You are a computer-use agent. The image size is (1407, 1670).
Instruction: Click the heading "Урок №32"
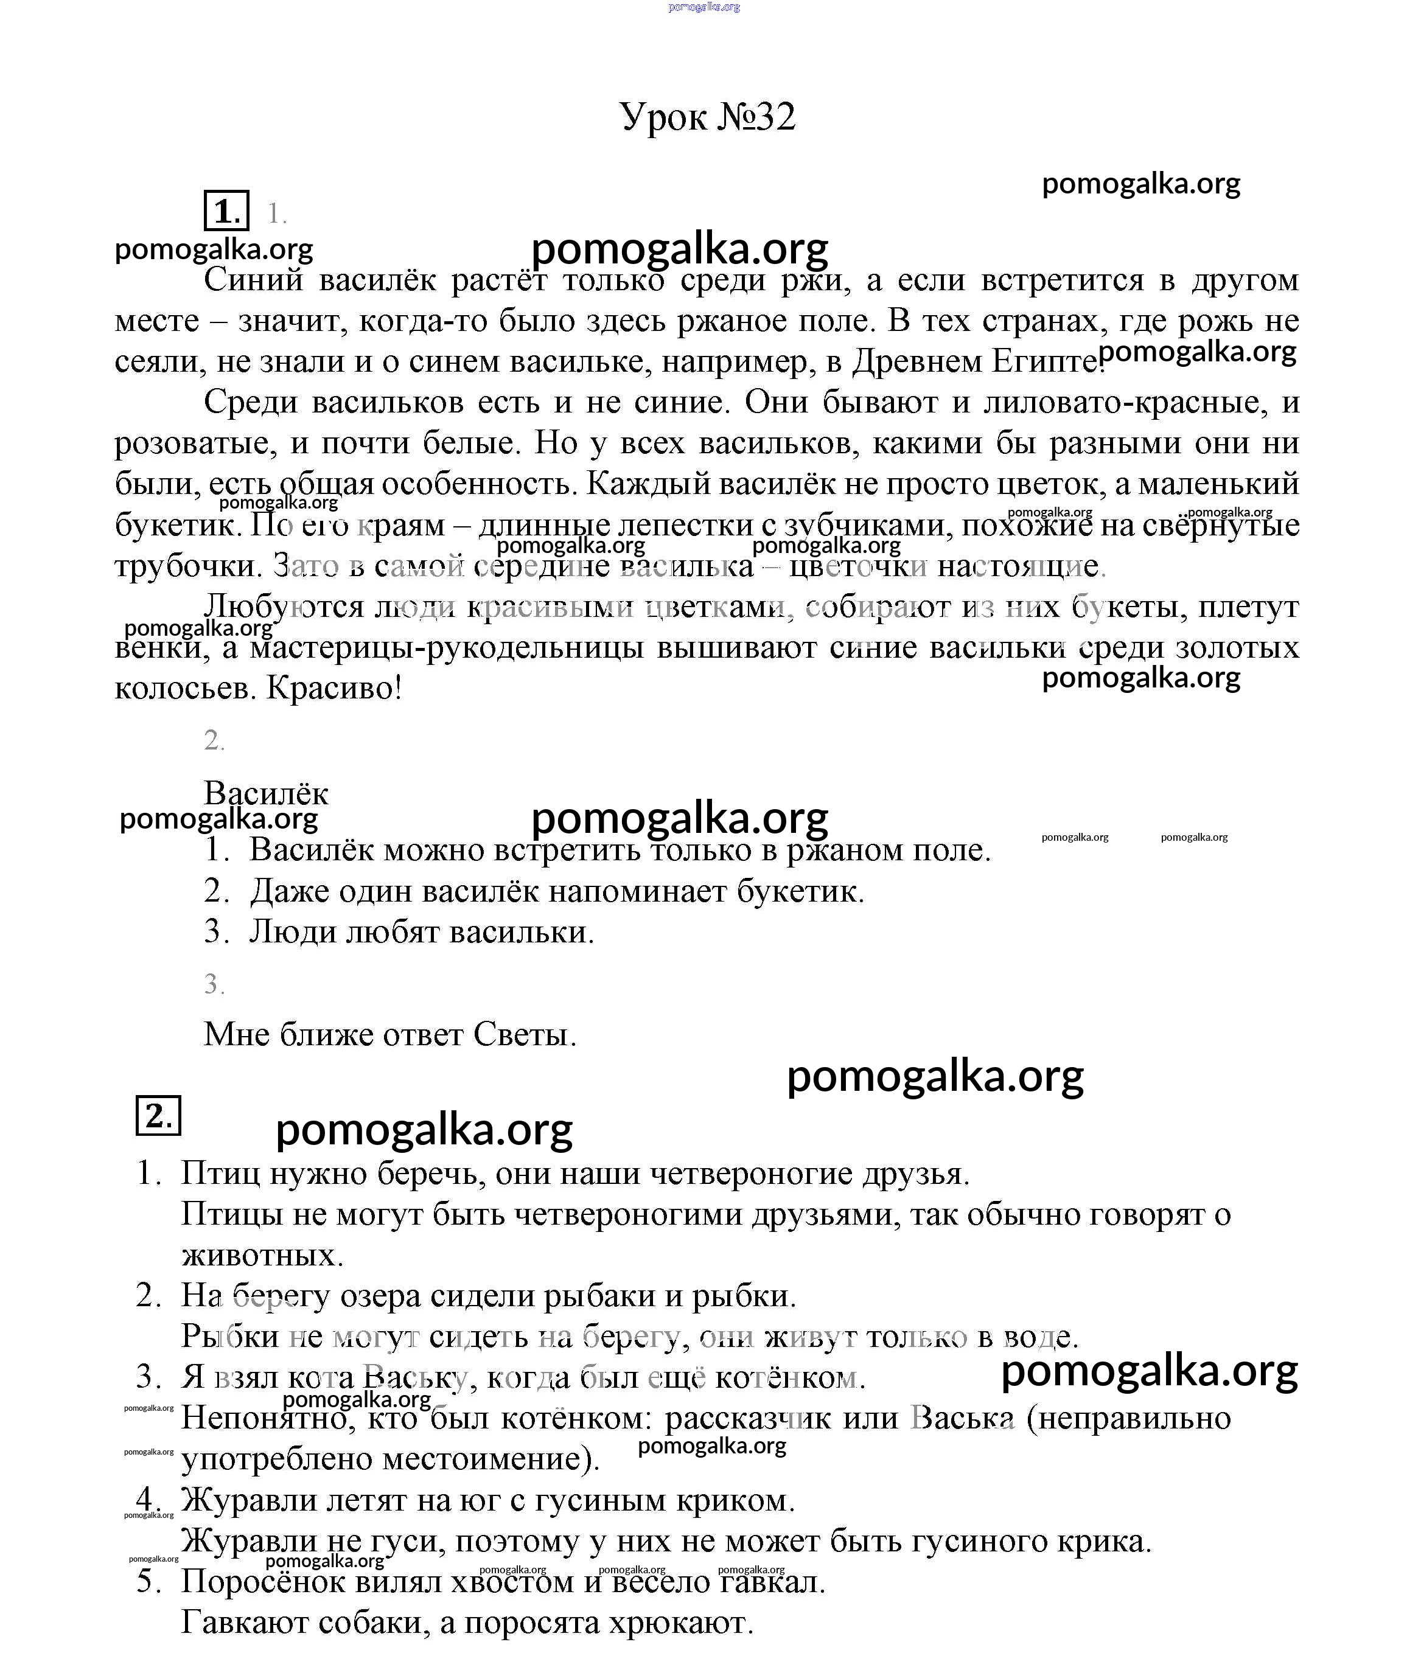[708, 117]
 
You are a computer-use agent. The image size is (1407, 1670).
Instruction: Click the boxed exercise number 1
[226, 211]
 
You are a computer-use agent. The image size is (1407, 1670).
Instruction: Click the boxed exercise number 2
[159, 1115]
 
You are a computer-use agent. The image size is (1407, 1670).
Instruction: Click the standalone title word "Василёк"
[265, 793]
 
